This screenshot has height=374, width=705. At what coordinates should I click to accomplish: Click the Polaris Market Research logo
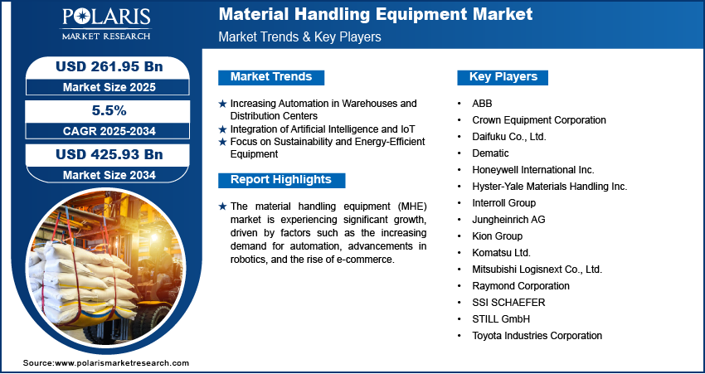(x=106, y=24)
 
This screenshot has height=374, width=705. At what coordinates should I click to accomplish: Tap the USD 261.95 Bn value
(x=109, y=66)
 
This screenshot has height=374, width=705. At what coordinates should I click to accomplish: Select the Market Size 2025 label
(x=109, y=87)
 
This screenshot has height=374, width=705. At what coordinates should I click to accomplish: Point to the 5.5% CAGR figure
(x=108, y=110)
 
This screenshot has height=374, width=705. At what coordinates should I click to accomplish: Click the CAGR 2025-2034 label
(x=109, y=131)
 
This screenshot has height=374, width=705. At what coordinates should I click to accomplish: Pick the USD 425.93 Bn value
(x=109, y=154)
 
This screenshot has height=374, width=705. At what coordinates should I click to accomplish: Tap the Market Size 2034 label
(x=109, y=175)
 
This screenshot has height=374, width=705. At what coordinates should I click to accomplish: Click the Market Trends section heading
(x=271, y=77)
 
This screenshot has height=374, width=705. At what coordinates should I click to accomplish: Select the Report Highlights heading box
(x=281, y=180)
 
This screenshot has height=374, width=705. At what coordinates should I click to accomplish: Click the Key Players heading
(x=503, y=77)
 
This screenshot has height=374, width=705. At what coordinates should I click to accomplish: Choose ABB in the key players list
(x=482, y=104)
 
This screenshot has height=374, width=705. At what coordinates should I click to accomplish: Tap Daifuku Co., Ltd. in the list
(x=509, y=137)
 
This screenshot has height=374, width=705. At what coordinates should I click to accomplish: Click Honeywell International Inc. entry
(x=533, y=170)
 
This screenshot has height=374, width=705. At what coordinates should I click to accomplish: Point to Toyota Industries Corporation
(x=537, y=335)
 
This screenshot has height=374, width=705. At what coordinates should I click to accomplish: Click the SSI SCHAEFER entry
(x=508, y=303)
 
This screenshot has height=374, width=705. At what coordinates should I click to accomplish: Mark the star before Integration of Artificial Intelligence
(x=222, y=129)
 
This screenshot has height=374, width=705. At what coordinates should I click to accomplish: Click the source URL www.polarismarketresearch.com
(x=122, y=363)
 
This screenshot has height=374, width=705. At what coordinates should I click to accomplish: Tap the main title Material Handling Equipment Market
(x=376, y=14)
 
